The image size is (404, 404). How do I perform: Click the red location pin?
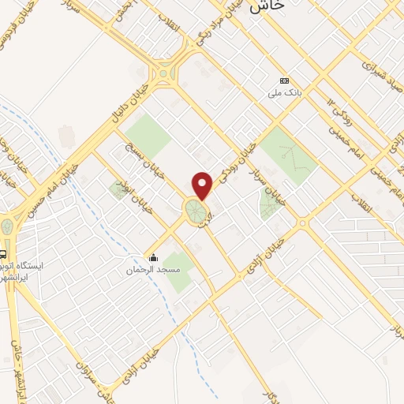(x=204, y=185)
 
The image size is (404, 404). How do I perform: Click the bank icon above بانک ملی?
(x=284, y=80)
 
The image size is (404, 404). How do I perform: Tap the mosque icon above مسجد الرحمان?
(x=154, y=257)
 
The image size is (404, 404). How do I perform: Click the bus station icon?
(x=4, y=255)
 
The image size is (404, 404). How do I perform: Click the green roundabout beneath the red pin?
(x=195, y=211)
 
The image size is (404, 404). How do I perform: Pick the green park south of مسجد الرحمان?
(x=179, y=271)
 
